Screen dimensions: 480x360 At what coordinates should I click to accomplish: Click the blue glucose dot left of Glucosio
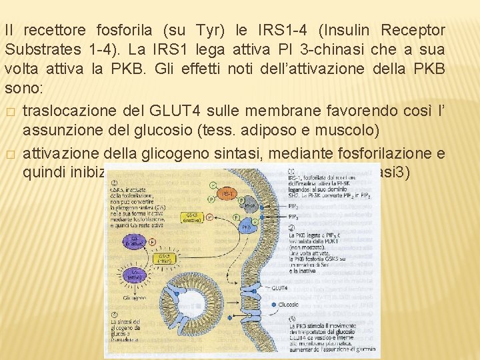pos(275,305)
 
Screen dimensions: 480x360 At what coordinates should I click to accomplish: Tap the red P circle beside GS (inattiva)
pos(153,243)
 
